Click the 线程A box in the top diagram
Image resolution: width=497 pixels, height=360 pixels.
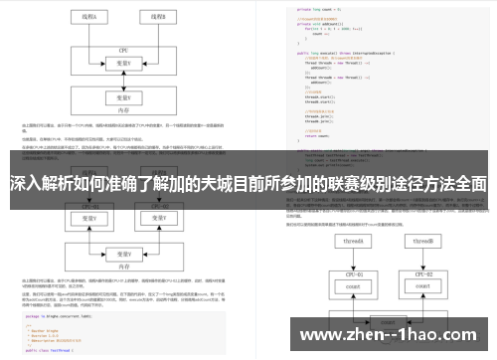(89, 16)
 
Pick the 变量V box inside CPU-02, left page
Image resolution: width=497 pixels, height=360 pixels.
(157, 218)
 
